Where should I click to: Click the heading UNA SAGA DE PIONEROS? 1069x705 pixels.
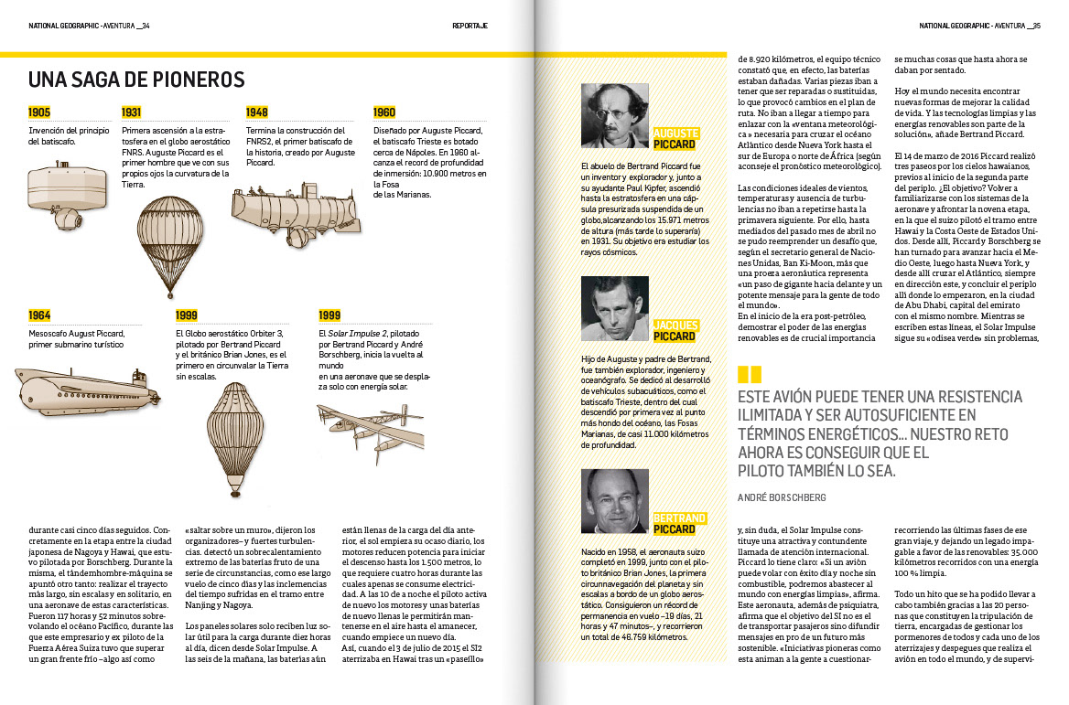pos(136,80)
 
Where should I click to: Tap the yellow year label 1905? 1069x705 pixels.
pos(39,112)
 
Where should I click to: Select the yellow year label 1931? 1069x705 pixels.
pos(132,112)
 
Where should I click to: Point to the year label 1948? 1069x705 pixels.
pos(256,112)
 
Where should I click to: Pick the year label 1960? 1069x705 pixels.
pos(383,112)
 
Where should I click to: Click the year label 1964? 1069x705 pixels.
pos(39,315)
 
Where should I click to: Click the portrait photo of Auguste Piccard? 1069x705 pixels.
pos(615,116)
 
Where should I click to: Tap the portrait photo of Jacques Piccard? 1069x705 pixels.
pos(615,308)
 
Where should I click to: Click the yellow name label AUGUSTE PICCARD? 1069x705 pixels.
pos(675,139)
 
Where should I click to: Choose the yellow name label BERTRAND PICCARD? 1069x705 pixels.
pos(678,524)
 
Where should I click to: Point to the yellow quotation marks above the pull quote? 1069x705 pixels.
pos(749,375)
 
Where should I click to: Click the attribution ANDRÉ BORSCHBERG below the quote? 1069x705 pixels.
pos(782,497)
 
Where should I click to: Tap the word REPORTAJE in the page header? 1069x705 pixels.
pos(470,26)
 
